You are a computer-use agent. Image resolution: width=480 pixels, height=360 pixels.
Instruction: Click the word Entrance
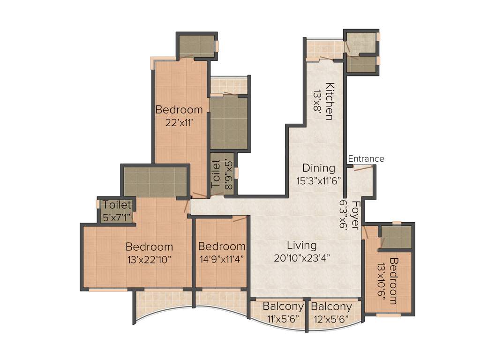pyautogui.click(x=366, y=159)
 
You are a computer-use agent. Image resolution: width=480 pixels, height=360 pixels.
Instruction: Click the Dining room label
pyautogui.click(x=318, y=168)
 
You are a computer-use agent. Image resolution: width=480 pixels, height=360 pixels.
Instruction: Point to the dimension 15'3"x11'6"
pyautogui.click(x=318, y=179)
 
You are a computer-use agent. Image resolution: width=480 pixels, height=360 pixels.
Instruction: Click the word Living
pyautogui.click(x=301, y=245)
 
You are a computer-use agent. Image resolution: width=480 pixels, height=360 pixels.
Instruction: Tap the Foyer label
pyautogui.click(x=355, y=215)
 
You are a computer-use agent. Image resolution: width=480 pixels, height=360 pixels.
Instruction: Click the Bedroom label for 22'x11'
pyautogui.click(x=179, y=110)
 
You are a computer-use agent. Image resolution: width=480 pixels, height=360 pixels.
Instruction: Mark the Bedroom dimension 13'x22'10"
pyautogui.click(x=149, y=259)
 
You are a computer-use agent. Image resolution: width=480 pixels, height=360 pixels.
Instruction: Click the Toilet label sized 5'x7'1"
pyautogui.click(x=117, y=205)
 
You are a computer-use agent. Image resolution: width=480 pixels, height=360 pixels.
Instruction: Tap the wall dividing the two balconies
pyautogui.click(x=307, y=314)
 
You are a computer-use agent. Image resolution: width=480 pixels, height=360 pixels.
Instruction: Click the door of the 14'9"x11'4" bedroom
pyautogui.click(x=240, y=218)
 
